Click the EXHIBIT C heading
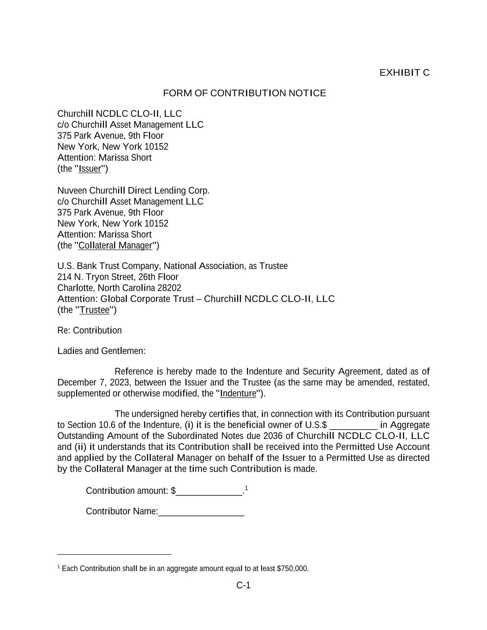404,72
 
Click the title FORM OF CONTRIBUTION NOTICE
244,93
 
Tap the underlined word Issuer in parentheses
90,168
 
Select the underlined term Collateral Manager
115,246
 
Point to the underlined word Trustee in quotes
95,310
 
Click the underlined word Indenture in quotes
238,393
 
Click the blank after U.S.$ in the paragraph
354,425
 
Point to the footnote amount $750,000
292,569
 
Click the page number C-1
243,585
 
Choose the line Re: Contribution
90,330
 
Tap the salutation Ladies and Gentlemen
101,351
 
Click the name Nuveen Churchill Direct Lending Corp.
133,191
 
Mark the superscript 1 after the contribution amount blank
247,488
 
